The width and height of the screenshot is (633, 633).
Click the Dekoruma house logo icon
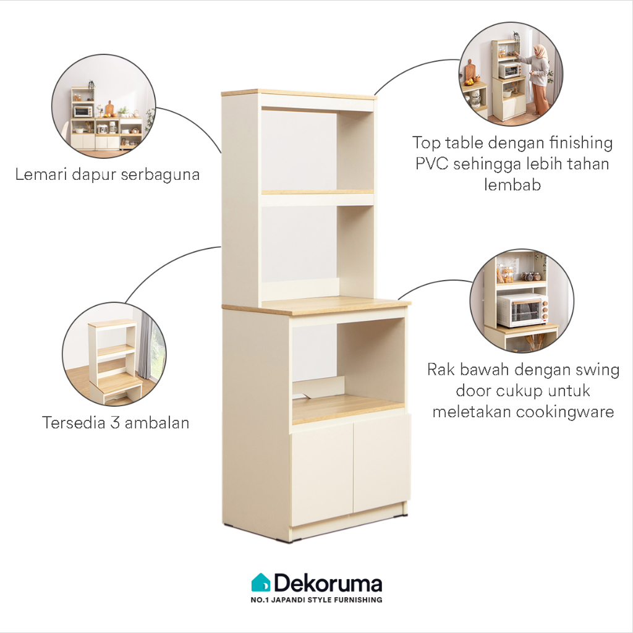pos(261,582)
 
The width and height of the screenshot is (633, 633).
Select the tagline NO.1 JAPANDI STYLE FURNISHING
pos(316,600)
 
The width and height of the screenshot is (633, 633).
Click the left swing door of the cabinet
pos(321,473)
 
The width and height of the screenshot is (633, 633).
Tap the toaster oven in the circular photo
pos(522,310)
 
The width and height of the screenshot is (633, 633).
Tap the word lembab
pos(512,184)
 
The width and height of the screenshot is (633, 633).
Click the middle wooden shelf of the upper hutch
pos(317,192)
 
